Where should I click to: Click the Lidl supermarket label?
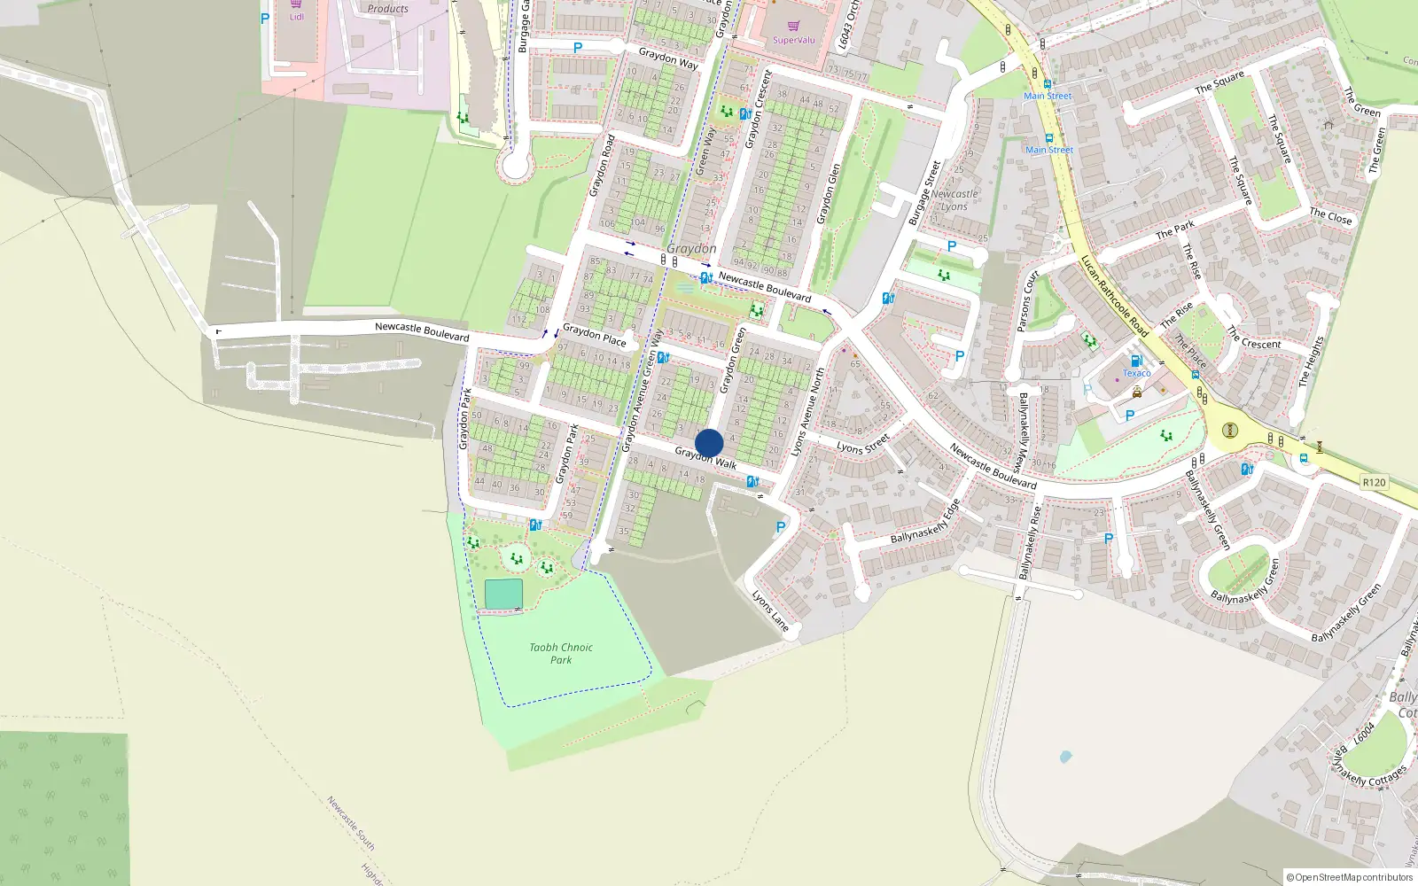coord(296,17)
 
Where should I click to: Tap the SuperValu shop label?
coord(793,40)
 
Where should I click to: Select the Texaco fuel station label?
coord(1136,373)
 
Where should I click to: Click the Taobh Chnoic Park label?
coord(561,653)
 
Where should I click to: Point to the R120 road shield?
coord(1374,482)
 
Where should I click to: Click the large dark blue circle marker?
coord(709,443)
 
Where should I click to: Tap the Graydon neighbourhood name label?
coord(691,249)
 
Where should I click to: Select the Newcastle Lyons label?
coord(954,200)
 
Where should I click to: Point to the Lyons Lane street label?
coord(770,610)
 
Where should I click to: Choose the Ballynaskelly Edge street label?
coord(925,522)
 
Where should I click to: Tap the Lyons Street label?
coord(863,444)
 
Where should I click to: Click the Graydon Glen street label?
coord(828,193)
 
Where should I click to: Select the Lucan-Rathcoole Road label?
coord(1114,296)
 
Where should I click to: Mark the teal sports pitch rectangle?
coord(503,595)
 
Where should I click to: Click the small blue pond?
coord(1065,757)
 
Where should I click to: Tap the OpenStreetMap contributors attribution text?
coord(1349,877)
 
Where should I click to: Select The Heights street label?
coord(1311,361)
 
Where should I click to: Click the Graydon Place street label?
coord(594,334)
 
